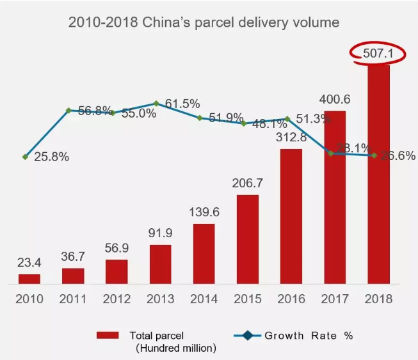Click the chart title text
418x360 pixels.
click(204, 23)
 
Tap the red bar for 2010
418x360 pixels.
click(29, 279)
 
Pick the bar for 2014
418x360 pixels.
click(204, 253)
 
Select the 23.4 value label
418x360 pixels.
click(29, 263)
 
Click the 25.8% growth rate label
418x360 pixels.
click(50, 156)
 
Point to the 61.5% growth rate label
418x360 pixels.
click(181, 104)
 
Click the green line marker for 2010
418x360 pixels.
click(25, 157)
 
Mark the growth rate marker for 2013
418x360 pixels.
click(156, 104)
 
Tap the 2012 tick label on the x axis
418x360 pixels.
click(117, 299)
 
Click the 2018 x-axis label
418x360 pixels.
click(378, 299)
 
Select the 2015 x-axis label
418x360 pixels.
click(247, 299)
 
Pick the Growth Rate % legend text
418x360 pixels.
click(309, 335)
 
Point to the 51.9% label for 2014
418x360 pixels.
click(225, 118)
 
